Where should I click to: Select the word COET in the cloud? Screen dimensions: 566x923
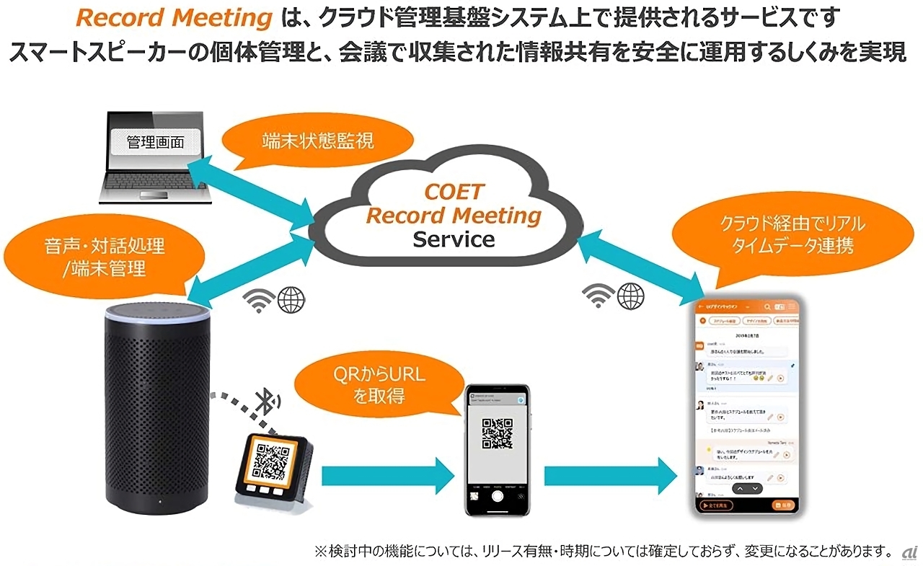(454, 193)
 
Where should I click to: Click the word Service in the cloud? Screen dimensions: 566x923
(454, 239)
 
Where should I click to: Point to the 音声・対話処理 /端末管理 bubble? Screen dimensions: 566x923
(105, 256)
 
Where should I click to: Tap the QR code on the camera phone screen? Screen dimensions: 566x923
(497, 433)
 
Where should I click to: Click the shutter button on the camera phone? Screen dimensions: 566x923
(497, 497)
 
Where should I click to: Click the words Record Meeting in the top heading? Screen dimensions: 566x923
(173, 18)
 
